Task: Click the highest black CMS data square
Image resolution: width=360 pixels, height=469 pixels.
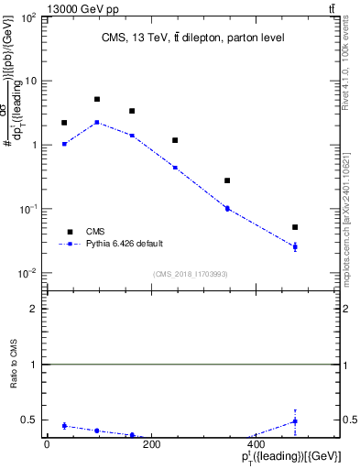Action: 97,99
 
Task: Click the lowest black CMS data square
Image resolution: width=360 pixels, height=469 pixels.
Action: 295,227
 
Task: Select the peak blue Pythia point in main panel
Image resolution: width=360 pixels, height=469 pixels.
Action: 97,122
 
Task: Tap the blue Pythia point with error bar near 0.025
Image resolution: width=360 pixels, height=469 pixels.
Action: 295,246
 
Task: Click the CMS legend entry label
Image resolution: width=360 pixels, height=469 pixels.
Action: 95,232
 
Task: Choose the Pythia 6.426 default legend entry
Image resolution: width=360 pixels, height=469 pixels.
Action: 125,244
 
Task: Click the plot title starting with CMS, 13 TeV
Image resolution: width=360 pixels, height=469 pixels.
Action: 192,38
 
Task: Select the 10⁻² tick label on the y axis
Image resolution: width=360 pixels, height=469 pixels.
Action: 31,273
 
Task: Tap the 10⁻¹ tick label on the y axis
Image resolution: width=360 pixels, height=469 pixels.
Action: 31,209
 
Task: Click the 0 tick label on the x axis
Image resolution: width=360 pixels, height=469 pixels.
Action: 47,445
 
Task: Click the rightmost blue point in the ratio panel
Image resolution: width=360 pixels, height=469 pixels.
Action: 295,421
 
